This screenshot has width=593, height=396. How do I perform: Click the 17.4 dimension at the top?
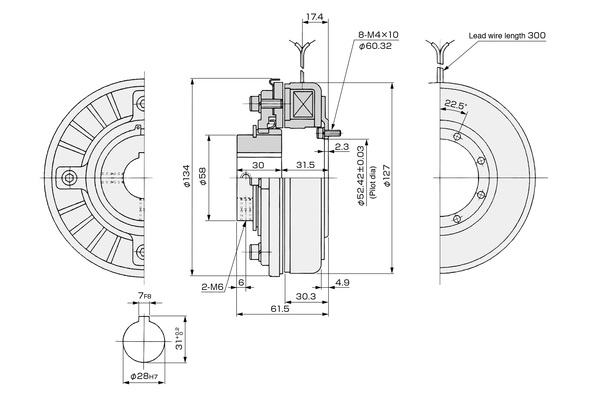tap(314, 17)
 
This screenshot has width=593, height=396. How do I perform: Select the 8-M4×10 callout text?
tap(378, 35)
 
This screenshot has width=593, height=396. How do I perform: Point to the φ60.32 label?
tap(375, 46)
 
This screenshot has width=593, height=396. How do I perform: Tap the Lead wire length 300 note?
tap(507, 36)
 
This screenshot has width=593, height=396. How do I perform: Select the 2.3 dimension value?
tap(342, 147)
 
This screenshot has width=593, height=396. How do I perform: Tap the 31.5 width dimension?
tap(305, 165)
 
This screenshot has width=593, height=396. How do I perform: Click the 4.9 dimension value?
tap(342, 282)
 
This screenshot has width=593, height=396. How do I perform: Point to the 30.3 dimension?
tap(306, 297)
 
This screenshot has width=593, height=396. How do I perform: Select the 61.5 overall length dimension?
tap(280, 309)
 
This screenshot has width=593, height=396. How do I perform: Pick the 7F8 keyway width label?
tap(145, 296)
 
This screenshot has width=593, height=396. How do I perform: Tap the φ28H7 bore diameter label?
tap(144, 377)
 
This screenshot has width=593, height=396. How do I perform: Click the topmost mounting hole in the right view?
tap(457, 136)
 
